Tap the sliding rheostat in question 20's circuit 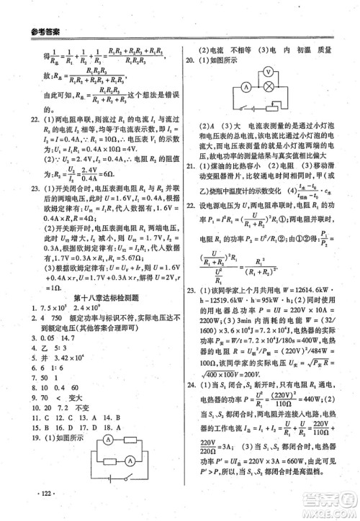point(269,110)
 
